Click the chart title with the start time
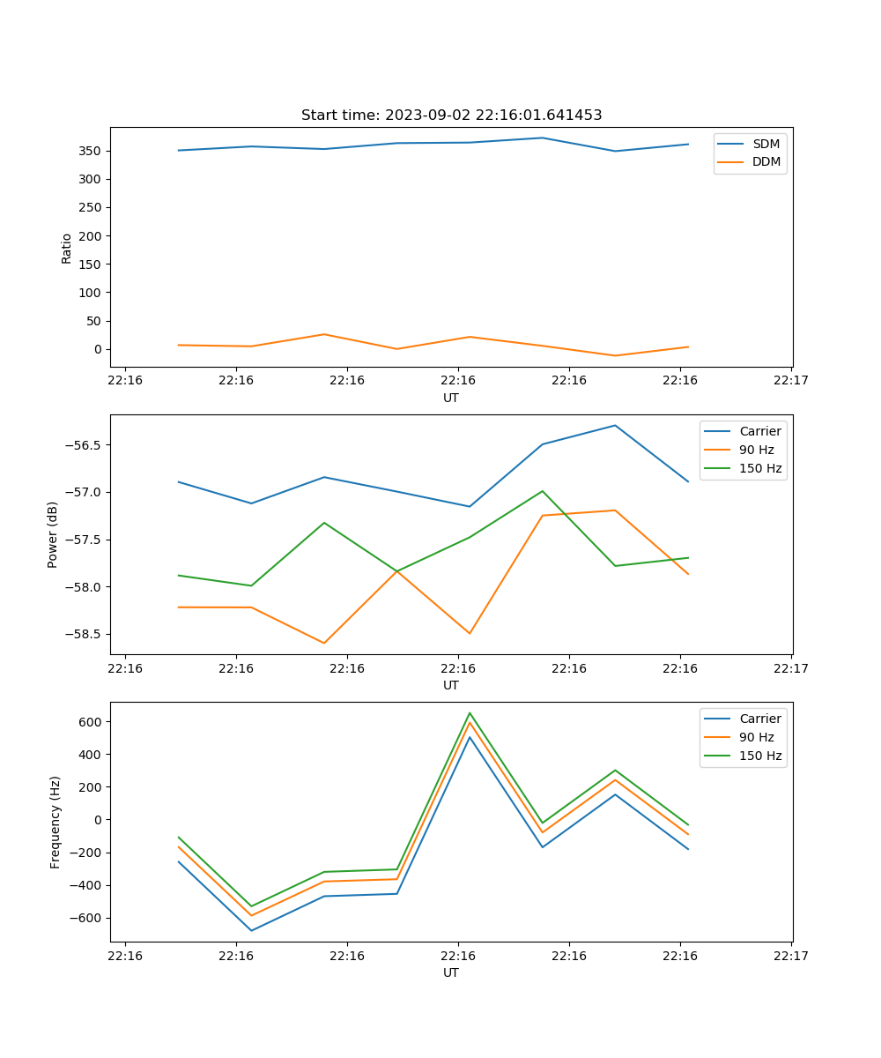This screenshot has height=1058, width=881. coord(451,115)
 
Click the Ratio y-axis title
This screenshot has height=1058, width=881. coord(67,248)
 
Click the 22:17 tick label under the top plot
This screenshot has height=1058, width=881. coord(791,380)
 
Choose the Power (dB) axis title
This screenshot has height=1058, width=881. coord(53,534)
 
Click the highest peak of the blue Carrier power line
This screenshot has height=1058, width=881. coord(615,426)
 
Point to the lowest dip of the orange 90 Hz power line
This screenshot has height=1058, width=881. coord(324,643)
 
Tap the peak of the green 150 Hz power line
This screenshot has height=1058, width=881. coord(543,491)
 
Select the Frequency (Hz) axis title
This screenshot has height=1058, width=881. coord(56,822)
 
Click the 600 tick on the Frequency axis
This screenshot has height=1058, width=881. coord(92,722)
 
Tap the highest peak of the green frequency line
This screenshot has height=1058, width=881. coord(470,713)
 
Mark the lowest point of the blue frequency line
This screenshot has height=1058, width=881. coord(251,930)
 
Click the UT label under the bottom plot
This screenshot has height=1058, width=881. coord(451,972)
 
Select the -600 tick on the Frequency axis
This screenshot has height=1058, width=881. coord(88,918)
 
